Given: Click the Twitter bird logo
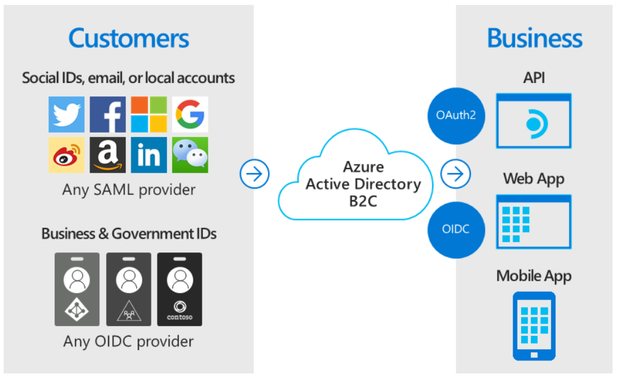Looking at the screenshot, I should coord(67,114).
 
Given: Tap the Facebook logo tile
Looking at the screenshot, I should coord(108,114).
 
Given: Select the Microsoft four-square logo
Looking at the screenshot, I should coord(149,114).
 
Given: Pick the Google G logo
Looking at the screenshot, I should coord(190,114).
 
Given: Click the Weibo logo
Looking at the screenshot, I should coord(67,155).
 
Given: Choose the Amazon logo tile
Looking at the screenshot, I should coord(108,155).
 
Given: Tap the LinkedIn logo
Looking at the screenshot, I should coord(149,155).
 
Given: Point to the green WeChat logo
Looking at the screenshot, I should coord(190,155).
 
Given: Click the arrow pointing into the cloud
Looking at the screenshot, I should coord(254,174).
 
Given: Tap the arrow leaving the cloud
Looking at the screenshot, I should coord(456,174).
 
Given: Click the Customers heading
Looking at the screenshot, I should coord(129,38).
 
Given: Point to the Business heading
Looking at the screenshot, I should coord(535,38).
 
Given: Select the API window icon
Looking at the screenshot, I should coord(534,121).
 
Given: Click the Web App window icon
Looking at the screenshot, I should coord(534,222).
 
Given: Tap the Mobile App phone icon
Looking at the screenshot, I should coord(534,325).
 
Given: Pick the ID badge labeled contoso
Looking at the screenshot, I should coord(180,289).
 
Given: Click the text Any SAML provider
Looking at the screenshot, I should coord(129,189).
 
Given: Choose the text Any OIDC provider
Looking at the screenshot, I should coord(129,341).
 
